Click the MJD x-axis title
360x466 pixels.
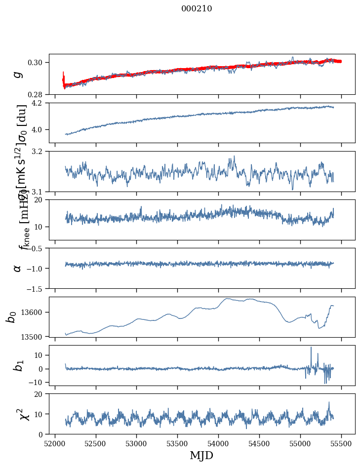201,455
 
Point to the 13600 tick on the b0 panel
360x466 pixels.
34,312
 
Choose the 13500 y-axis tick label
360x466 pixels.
34,336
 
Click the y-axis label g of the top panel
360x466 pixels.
18,74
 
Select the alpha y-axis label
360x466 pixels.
18,268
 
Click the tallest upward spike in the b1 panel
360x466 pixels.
311,348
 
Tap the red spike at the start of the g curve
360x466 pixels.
64,74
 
